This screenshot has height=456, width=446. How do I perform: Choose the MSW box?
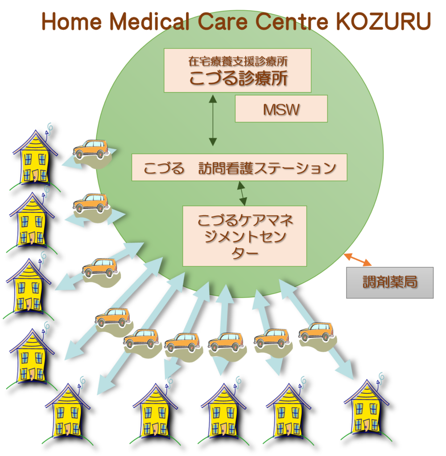pos(281,109)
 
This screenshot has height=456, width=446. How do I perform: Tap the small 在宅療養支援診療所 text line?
pos(238,61)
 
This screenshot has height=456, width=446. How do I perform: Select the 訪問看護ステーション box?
pos(239,167)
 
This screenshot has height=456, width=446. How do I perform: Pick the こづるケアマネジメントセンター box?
pos(244,236)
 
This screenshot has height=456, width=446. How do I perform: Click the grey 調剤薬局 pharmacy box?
pos(390,282)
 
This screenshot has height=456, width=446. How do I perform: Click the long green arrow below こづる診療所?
pos(213,120)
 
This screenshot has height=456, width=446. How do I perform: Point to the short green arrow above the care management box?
pos(242,193)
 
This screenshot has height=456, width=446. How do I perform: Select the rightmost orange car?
pos(316,332)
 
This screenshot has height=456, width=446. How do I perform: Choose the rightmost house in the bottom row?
pos(367,411)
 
